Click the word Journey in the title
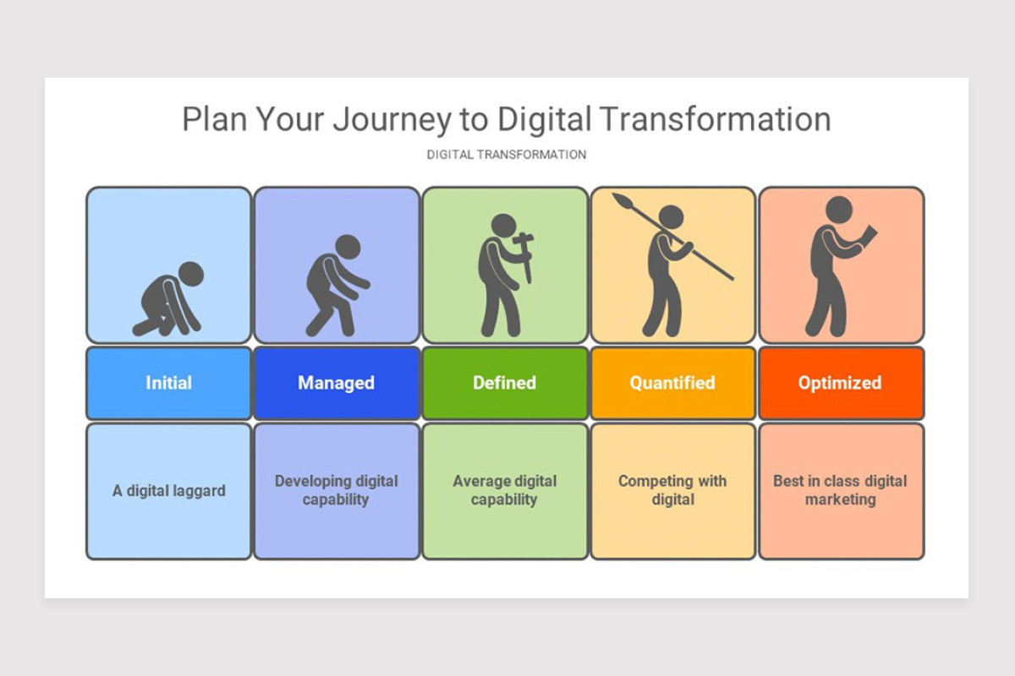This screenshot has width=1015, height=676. point(392,120)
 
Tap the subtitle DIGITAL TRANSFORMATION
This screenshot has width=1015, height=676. point(506,155)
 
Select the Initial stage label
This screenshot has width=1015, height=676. point(168,383)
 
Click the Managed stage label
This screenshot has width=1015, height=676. point(336,383)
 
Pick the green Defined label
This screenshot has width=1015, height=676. point(504,383)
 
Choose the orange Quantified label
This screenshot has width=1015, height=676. point(672,383)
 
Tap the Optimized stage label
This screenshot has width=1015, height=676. point(840,383)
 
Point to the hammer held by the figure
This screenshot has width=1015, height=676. point(525,251)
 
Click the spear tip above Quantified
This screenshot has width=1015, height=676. point(623,202)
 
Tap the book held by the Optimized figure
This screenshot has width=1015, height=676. point(868,239)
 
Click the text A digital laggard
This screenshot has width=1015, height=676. point(168,491)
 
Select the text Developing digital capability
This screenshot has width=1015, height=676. point(336,490)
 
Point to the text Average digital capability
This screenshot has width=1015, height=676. point(504,490)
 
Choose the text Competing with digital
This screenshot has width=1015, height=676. point(672,490)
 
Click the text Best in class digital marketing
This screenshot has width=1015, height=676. point(840,490)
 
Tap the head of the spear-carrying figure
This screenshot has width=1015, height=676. point(671,217)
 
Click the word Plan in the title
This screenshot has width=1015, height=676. point(215,120)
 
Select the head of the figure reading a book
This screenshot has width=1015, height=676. point(839,209)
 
